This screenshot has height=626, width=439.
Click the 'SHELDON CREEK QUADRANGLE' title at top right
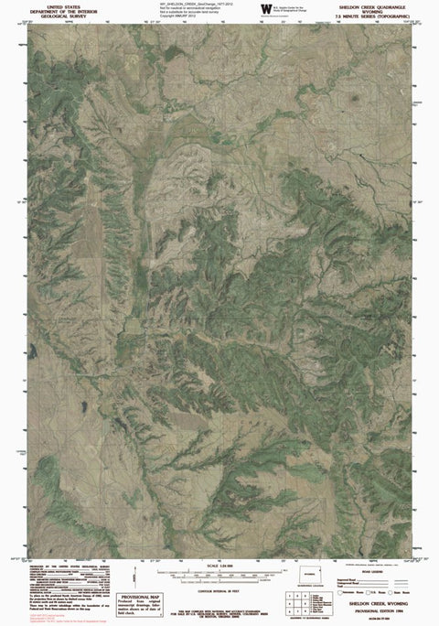pyautogui.click(x=375, y=6)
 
